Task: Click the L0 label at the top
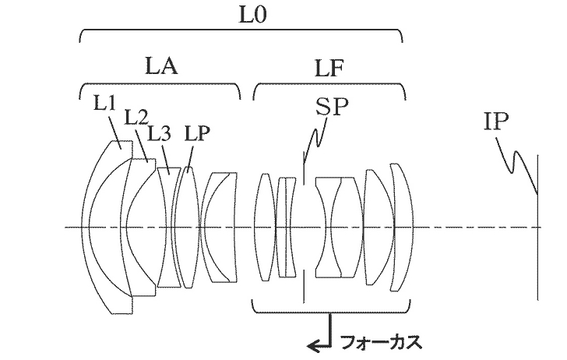(x=252, y=16)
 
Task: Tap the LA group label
(x=161, y=66)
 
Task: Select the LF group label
(x=329, y=68)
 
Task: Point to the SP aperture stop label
(x=332, y=107)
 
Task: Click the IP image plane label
(x=496, y=122)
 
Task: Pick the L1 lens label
(x=104, y=102)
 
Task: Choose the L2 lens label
(x=136, y=117)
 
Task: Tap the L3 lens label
(x=160, y=133)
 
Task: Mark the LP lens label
(x=197, y=133)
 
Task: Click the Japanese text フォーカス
(x=381, y=342)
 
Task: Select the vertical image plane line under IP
(x=537, y=228)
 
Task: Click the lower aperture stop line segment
(x=304, y=286)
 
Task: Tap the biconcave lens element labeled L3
(x=170, y=228)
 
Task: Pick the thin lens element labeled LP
(x=188, y=228)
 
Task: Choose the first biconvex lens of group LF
(x=266, y=228)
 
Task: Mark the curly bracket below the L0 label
(x=241, y=30)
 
